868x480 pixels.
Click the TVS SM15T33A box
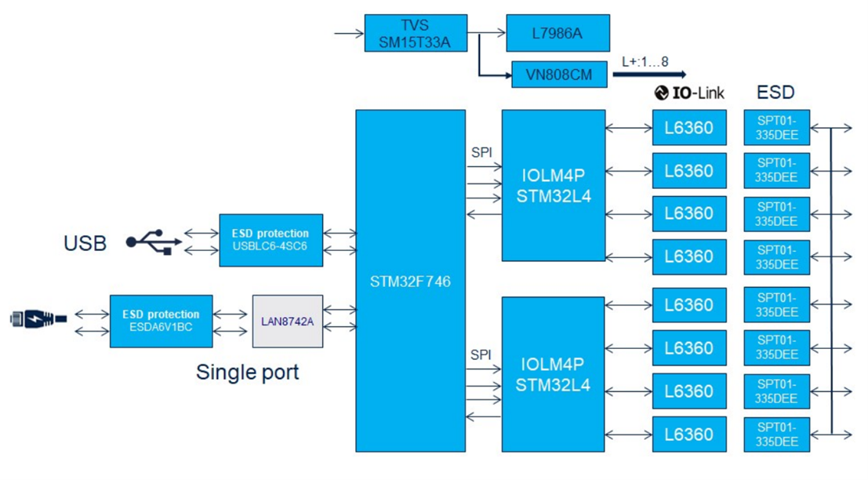point(416,33)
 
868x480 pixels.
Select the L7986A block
point(557,33)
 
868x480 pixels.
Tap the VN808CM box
point(560,75)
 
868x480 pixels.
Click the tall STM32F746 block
point(410,281)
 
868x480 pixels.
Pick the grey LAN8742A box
point(288,322)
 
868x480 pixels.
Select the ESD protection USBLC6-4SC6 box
point(271,240)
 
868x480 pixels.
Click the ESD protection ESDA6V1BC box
point(161,322)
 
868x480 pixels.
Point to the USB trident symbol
point(154,242)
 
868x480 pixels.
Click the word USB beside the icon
point(85,243)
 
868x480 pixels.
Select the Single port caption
point(247,371)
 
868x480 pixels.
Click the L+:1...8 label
point(643,61)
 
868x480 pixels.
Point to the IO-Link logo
point(689,93)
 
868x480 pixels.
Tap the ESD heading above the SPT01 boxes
point(775,93)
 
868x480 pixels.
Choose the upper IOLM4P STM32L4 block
point(554,185)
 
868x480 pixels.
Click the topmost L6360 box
point(688,127)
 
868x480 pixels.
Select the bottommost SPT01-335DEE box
point(776,435)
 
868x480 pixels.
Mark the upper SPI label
point(481,152)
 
